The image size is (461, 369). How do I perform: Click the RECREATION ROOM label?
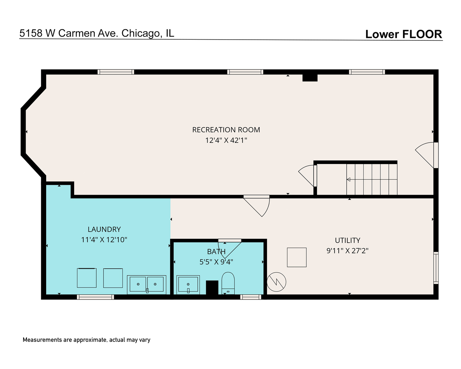(x=226, y=130)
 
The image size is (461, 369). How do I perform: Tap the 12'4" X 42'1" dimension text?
(x=226, y=140)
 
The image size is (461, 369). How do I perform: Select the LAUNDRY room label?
(x=104, y=229)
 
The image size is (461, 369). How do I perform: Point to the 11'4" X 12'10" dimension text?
(x=104, y=240)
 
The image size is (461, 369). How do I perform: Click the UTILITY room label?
(x=347, y=240)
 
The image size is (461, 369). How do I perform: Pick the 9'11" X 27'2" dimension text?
(x=347, y=251)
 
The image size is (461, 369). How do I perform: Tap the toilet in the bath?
(x=228, y=283)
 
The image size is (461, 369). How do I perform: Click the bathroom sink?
(x=188, y=285)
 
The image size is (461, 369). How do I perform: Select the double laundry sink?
(x=147, y=284)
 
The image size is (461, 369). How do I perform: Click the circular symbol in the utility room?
(x=277, y=282)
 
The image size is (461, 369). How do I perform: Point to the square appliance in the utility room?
(x=297, y=257)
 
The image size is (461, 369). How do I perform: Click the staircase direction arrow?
(x=349, y=179)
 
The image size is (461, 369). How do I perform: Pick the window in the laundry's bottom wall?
(x=95, y=297)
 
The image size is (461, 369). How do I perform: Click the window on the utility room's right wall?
(x=436, y=268)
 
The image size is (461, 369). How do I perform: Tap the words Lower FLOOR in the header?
(x=404, y=34)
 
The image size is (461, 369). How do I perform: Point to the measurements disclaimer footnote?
(x=86, y=340)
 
